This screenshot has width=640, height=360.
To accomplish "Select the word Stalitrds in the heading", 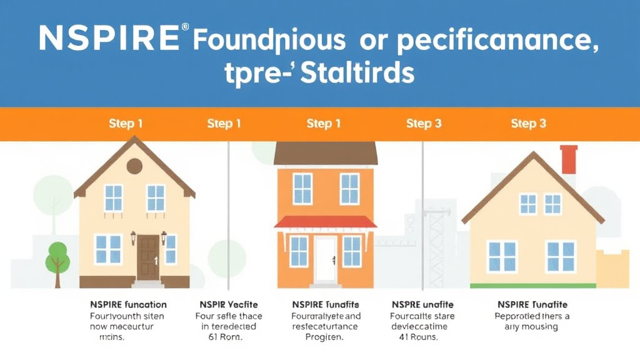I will [x=357, y=73].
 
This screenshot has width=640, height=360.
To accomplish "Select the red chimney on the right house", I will [x=569, y=160].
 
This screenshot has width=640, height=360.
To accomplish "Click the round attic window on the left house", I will [x=134, y=166].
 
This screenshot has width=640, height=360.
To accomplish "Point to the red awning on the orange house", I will [x=326, y=222].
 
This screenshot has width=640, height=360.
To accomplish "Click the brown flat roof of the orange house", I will [x=326, y=153].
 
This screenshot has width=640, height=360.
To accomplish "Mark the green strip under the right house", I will [x=532, y=286].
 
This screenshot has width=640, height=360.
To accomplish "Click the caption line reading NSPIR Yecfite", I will [x=224, y=304].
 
